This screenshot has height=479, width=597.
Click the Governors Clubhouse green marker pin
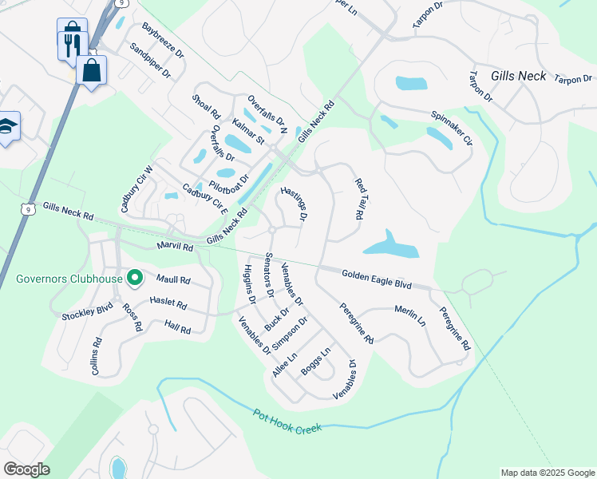tap(135, 279)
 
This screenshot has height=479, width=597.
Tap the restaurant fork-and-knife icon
tap(69, 40)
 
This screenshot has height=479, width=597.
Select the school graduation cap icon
tap(6, 127)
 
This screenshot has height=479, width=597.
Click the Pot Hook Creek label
tap(287, 422)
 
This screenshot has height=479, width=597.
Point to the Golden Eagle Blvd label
tap(376, 279)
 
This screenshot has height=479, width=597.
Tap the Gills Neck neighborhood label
tap(519, 76)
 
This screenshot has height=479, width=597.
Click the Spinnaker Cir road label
tap(453, 129)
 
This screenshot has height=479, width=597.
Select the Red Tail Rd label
tap(360, 200)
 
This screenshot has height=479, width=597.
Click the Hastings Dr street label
tap(294, 204)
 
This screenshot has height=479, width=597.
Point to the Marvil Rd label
tap(176, 247)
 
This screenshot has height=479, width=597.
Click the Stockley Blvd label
tap(88, 311)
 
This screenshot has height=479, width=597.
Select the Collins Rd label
tap(97, 356)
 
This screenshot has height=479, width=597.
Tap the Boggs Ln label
tap(315, 362)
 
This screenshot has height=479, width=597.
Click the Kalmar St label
tap(248, 132)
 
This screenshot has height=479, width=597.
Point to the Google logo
tap(26, 469)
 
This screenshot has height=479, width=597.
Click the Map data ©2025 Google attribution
tap(548, 473)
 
